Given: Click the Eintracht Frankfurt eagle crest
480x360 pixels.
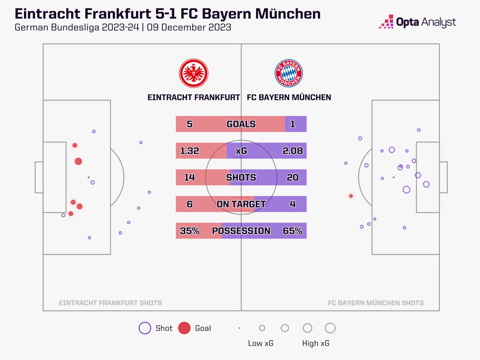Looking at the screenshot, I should [194, 73].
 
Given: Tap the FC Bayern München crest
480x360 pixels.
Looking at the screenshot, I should [288, 73].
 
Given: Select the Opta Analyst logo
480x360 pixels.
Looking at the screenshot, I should [417, 22].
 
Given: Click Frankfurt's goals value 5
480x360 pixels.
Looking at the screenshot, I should [189, 124].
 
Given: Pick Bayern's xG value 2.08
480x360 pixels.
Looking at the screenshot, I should [292, 151].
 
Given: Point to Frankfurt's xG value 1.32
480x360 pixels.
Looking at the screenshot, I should [189, 151].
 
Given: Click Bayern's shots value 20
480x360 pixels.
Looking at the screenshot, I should [292, 177].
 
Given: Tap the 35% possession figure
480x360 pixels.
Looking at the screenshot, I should [189, 231].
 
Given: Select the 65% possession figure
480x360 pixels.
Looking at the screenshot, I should [292, 231].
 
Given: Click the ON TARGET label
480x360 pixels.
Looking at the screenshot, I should [241, 204].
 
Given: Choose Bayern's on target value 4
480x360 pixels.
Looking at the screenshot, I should [292, 204].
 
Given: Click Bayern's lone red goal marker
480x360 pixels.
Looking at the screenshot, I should [351, 196].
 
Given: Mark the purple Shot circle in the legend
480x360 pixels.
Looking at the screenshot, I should [145, 328].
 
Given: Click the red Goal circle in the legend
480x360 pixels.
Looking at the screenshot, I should [184, 328].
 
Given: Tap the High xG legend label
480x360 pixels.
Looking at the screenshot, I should [316, 343].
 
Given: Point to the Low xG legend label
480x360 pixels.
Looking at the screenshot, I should [261, 343].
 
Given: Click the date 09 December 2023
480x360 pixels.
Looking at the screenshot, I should [189, 27].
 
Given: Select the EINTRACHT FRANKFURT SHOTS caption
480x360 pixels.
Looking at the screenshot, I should [110, 303].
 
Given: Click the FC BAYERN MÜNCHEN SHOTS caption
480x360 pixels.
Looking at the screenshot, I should [376, 303].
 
